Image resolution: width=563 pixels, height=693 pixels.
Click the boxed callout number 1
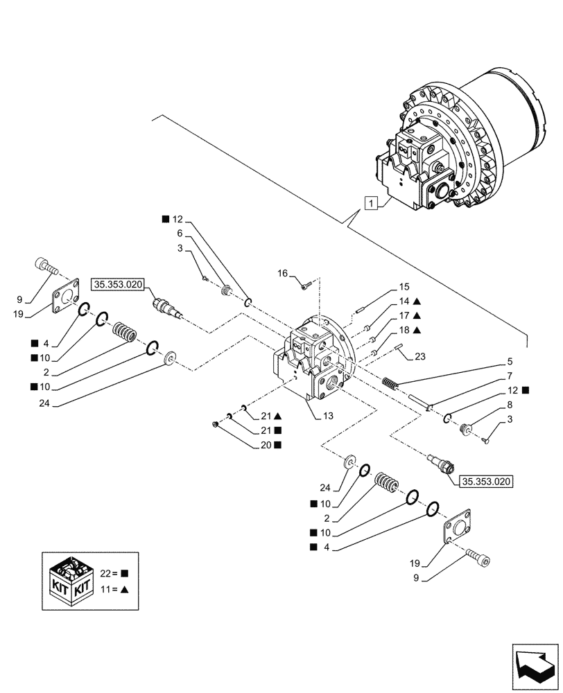(372, 203)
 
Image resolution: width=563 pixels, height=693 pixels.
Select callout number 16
(282, 274)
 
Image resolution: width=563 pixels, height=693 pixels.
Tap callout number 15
(404, 286)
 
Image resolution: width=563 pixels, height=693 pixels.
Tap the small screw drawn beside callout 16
(305, 283)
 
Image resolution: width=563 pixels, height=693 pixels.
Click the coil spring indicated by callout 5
(392, 382)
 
